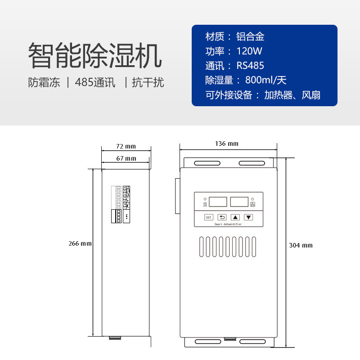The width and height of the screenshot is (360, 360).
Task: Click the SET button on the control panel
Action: [x=208, y=217]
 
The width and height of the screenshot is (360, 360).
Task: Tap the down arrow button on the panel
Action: [x=248, y=217]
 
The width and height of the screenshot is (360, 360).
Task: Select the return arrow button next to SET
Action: [x=222, y=217]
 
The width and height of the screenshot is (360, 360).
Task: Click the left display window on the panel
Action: [x=218, y=202]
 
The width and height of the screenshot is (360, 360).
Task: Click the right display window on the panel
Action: [x=239, y=202]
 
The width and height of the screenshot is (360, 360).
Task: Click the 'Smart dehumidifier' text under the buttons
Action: [x=228, y=224]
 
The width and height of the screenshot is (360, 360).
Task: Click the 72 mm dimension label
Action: [x=126, y=147]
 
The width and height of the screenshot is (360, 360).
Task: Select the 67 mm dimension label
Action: [x=126, y=158]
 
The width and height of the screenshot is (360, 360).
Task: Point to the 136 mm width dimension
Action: [x=227, y=144]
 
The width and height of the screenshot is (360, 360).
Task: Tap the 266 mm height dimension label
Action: [x=80, y=243]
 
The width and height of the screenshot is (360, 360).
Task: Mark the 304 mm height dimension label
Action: [x=301, y=245]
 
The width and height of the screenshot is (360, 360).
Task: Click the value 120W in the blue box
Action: [x=249, y=51]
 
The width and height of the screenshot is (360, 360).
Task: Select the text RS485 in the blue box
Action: [x=250, y=66]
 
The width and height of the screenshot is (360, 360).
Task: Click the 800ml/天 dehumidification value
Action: [x=266, y=81]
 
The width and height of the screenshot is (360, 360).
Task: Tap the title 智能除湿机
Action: [x=94, y=55]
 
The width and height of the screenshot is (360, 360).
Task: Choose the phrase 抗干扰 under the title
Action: [x=148, y=83]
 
